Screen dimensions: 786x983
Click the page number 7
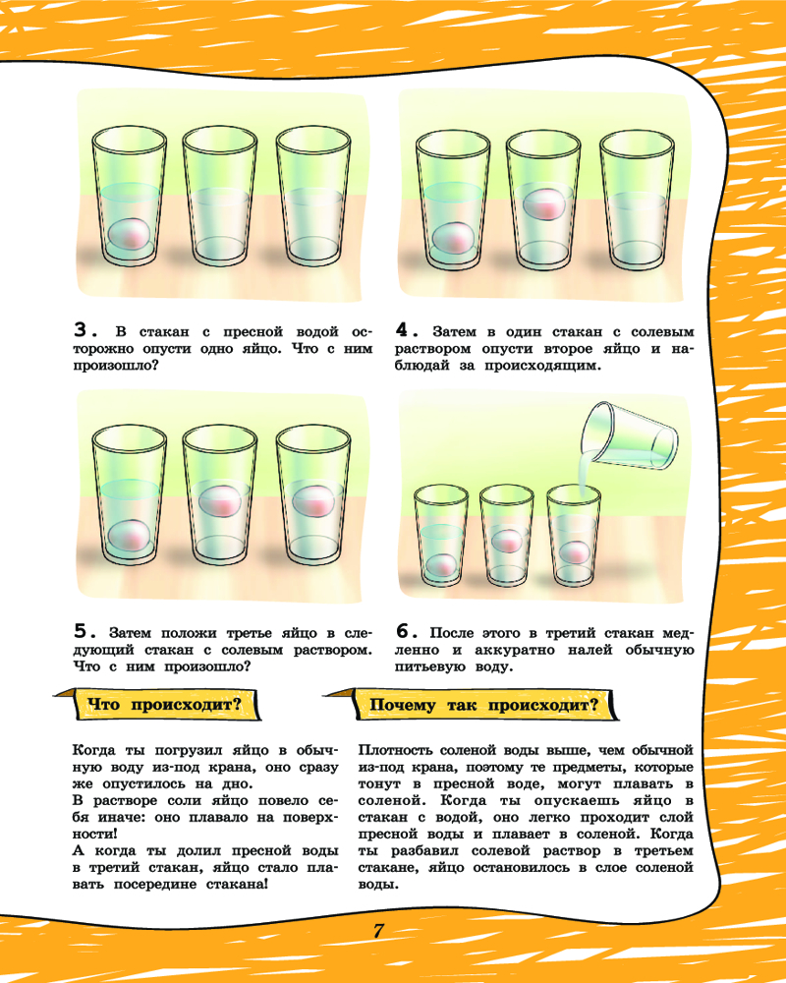[x=378, y=930]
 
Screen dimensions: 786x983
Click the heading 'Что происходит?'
[x=164, y=705]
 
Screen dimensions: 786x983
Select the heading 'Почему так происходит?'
[x=483, y=705]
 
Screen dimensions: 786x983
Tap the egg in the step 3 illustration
[x=129, y=234]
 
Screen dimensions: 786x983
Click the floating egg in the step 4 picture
[x=544, y=202]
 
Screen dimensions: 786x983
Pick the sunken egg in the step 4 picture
[x=453, y=239]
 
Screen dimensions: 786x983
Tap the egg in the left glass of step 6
[x=441, y=565]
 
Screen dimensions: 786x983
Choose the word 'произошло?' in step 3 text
[x=117, y=365]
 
